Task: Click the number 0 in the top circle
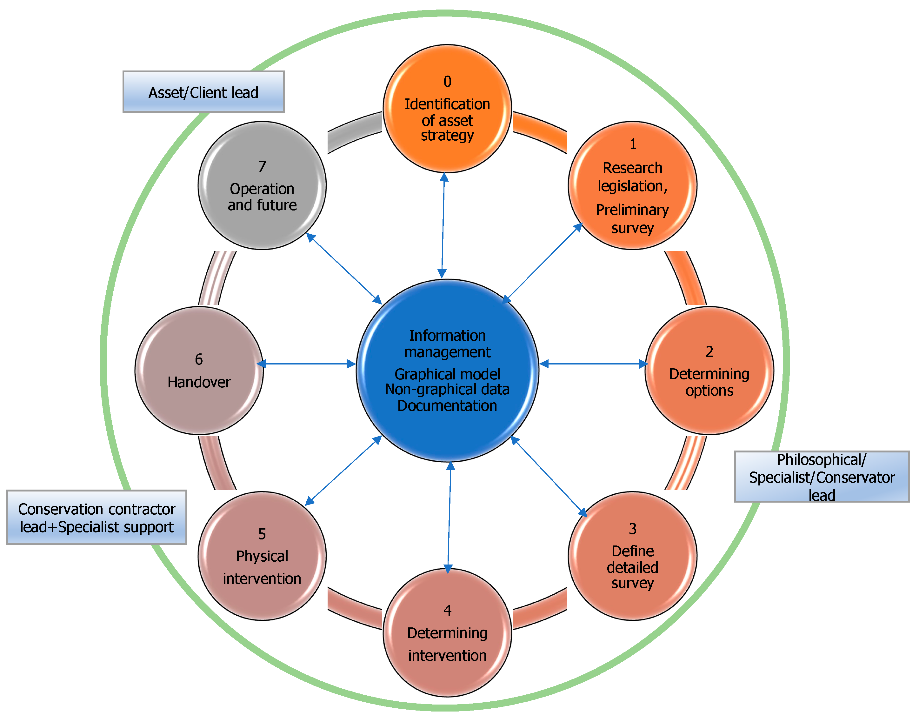(x=447, y=82)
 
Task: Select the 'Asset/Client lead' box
(x=203, y=92)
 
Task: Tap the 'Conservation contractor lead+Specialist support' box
(x=96, y=518)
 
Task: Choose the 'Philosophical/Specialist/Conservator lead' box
(x=822, y=477)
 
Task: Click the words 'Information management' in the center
(x=447, y=344)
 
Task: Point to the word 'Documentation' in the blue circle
(x=447, y=406)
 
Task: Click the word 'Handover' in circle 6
(x=199, y=382)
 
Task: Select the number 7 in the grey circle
(x=262, y=167)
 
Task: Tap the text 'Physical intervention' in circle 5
(x=262, y=567)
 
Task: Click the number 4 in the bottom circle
(x=447, y=611)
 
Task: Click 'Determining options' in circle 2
(x=709, y=382)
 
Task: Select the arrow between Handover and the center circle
(x=306, y=364)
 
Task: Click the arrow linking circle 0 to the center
(x=443, y=225)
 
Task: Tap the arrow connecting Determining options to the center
(x=594, y=364)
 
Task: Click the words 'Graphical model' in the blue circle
(x=447, y=374)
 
